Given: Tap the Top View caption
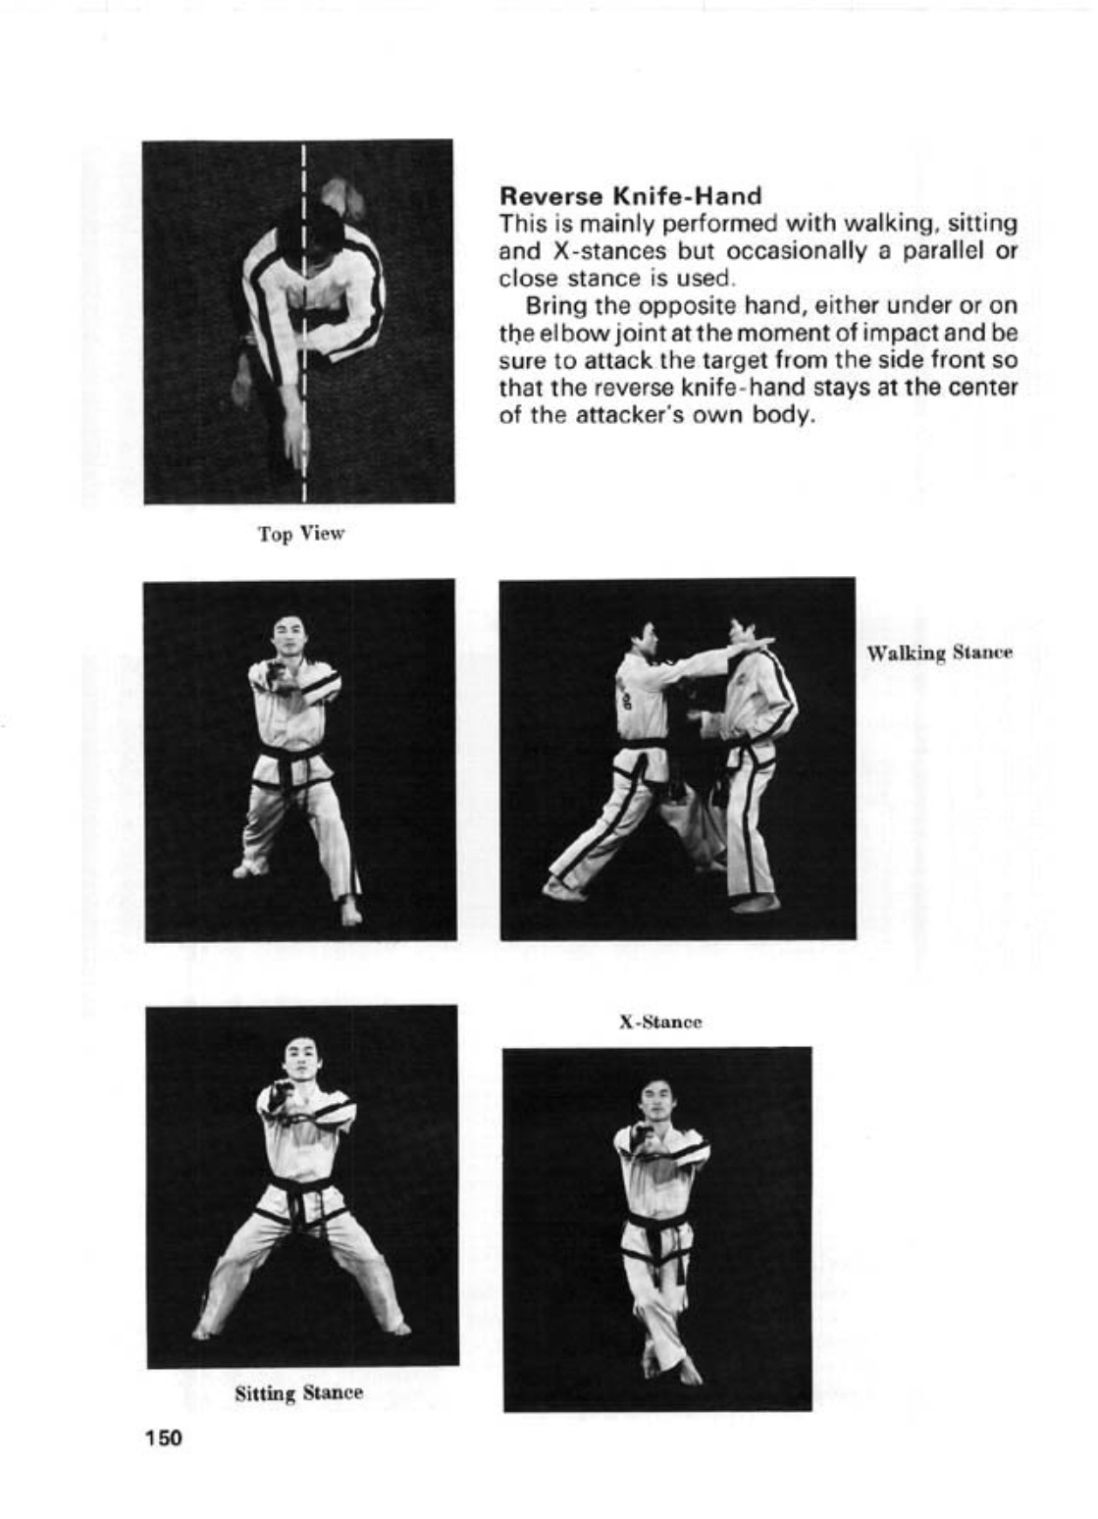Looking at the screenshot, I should click(x=301, y=534).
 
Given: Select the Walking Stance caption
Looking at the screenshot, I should click(x=939, y=653).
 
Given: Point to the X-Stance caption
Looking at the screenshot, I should click(x=659, y=1021).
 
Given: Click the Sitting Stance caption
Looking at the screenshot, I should click(x=298, y=1392).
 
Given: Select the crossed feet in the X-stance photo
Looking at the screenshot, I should click(x=672, y=1364).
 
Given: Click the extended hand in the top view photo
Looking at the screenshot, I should click(x=294, y=442).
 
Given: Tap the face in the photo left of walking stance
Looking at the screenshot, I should click(x=286, y=634).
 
